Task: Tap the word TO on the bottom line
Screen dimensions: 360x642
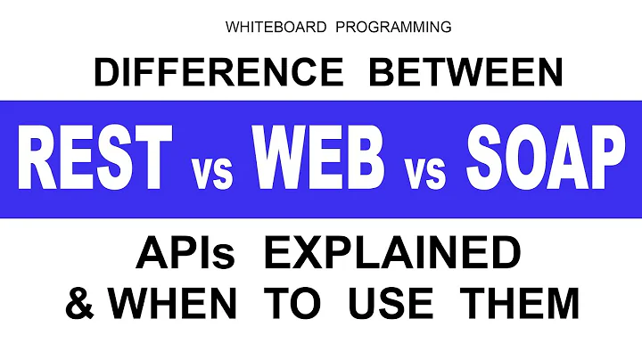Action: click(299, 303)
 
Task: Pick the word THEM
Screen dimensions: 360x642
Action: click(521, 303)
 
